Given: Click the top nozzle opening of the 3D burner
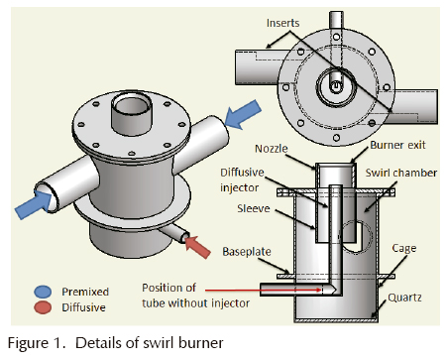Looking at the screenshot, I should point(128,102).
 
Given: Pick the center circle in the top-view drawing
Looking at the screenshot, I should point(336,86).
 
